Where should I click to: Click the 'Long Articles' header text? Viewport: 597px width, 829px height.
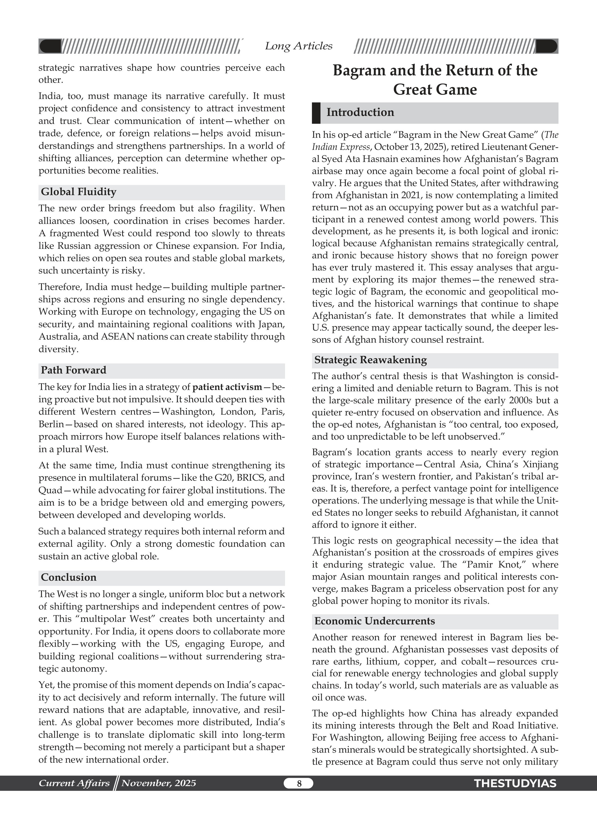(x=298, y=46)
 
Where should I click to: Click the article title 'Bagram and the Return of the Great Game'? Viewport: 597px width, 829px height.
(x=435, y=80)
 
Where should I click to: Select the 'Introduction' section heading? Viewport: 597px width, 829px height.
(x=360, y=112)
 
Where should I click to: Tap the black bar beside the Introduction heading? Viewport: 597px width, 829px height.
(x=316, y=113)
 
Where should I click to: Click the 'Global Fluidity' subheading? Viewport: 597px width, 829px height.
(x=79, y=192)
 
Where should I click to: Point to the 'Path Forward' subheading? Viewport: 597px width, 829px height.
(x=73, y=370)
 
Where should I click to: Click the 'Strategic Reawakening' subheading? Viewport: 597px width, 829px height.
(x=370, y=360)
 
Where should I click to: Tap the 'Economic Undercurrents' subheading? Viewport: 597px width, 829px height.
(x=375, y=621)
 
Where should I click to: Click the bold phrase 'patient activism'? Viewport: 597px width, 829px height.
(x=227, y=387)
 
